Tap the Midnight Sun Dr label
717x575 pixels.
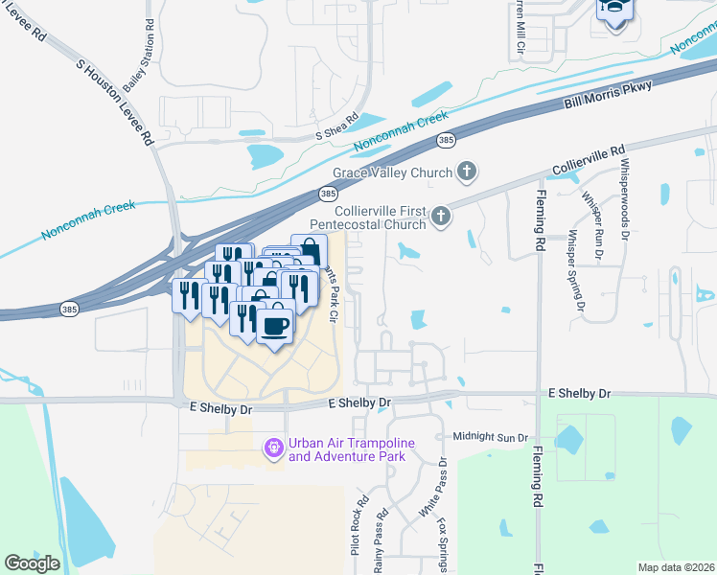pos(491,437)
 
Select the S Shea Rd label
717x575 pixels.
pos(336,129)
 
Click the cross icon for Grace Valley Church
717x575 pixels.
pos(467,172)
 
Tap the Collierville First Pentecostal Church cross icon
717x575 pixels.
pos(441,217)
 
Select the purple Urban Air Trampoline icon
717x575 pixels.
pos(274,447)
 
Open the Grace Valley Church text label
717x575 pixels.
pos(392,173)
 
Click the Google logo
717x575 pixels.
pos(32,563)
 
